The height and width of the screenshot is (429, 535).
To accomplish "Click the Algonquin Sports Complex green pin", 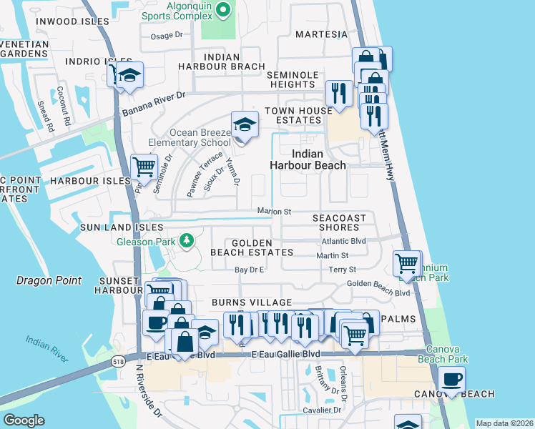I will coord(222,9).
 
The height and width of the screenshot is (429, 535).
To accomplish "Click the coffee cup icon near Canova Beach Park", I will coord(451,380).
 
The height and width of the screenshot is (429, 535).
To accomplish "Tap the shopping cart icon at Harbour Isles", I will coord(144,168).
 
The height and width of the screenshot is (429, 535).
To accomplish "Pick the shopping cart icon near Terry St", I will coord(407,264).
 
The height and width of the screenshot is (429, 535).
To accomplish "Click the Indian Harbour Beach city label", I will coord(308,159).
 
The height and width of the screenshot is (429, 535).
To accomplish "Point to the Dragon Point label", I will coord(49,280).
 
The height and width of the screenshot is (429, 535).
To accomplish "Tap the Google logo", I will coord(23,420).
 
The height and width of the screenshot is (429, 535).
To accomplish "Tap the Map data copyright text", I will coord(504,423).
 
